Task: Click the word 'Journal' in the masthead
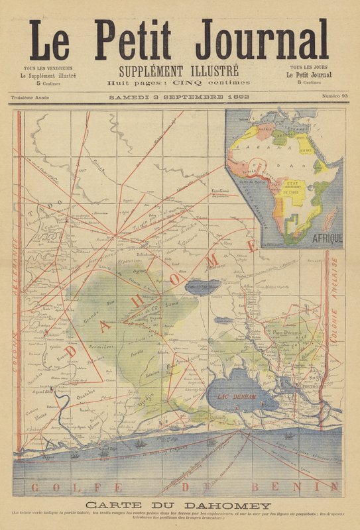[262, 40]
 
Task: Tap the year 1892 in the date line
[239, 97]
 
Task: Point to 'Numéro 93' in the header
[335, 97]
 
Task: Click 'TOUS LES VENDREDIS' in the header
[48, 68]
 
